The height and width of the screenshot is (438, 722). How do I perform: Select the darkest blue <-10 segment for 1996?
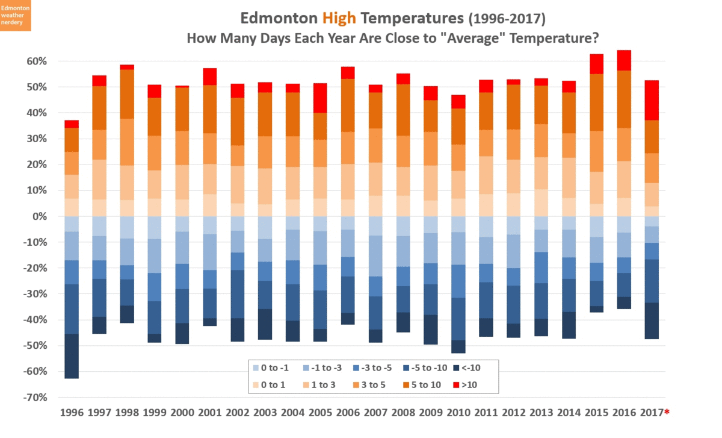[72, 356]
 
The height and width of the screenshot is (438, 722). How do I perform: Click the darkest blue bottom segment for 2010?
[458, 346]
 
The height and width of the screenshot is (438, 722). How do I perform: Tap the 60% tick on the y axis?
[36, 61]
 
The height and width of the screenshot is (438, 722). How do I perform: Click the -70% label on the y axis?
[34, 398]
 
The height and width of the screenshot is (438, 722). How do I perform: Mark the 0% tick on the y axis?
[39, 216]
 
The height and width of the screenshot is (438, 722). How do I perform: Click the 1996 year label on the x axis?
[72, 413]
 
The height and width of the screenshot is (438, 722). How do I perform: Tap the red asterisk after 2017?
[667, 412]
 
